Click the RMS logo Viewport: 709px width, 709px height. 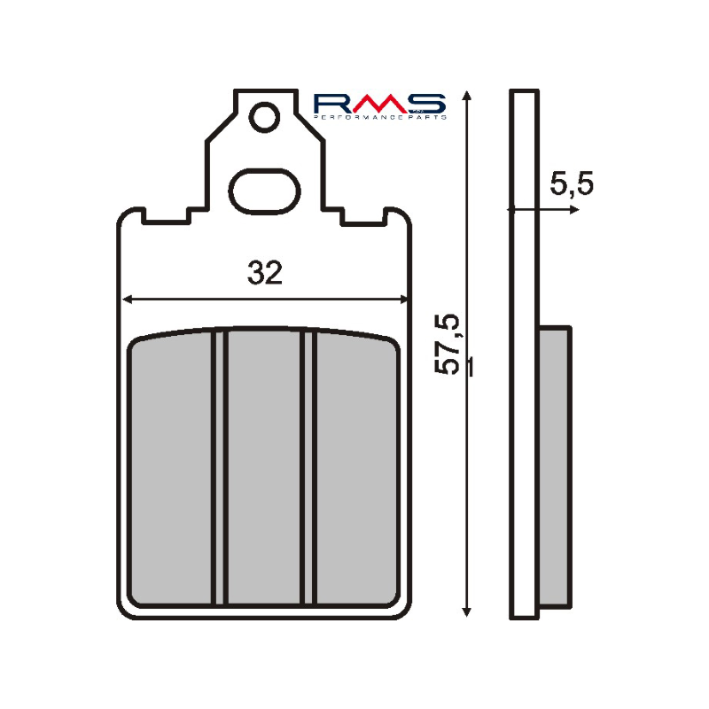[379, 103]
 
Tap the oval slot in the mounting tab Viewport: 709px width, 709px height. [263, 190]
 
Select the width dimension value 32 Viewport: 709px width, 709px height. [265, 274]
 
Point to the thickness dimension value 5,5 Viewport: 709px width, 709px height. [571, 184]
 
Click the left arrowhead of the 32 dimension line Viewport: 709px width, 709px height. [126, 299]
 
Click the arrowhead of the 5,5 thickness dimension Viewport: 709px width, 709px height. [574, 210]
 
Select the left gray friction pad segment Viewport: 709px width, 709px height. [172, 468]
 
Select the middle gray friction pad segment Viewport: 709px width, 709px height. [264, 468]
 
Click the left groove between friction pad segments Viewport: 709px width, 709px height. [219, 468]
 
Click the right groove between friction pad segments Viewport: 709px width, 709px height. [309, 468]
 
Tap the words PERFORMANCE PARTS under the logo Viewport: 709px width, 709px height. [379, 116]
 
